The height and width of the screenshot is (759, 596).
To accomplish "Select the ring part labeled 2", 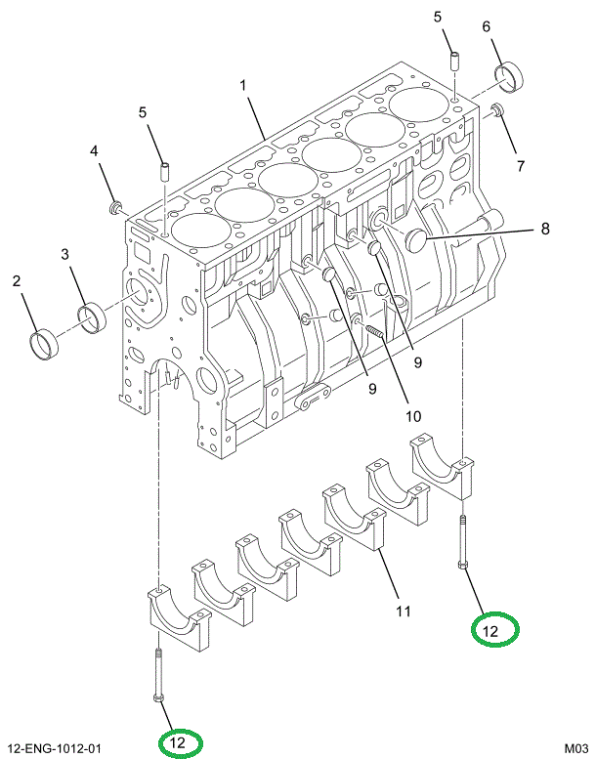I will [x=43, y=344].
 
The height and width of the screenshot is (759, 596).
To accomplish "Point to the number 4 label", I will [x=95, y=151].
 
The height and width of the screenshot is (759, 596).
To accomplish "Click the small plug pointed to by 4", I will [x=116, y=206].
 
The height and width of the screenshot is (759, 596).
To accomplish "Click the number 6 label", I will [x=486, y=26].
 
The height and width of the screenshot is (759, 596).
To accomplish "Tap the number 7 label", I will [x=521, y=166].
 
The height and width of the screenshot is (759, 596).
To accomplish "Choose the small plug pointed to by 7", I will [x=496, y=110].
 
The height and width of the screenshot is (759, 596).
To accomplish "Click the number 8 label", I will [x=545, y=230].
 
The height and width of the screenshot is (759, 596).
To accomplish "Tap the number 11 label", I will [x=402, y=612].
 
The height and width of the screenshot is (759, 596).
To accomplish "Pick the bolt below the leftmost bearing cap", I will [x=156, y=674].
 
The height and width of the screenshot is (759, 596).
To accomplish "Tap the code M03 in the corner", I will [x=574, y=748].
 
